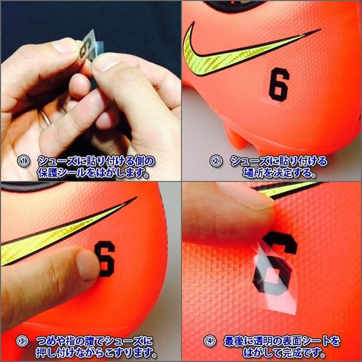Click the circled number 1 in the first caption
24,161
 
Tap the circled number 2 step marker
216,161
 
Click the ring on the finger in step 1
46,119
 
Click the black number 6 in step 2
279,85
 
